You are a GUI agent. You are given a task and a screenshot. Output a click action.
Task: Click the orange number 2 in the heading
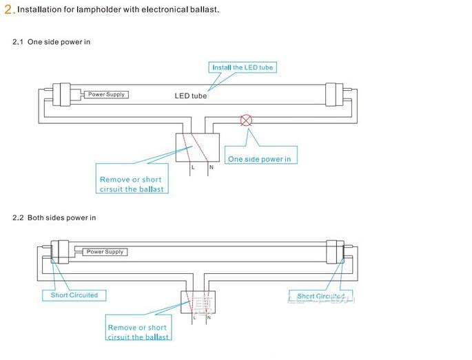[8, 10]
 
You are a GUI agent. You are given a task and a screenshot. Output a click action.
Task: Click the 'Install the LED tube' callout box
[243, 67]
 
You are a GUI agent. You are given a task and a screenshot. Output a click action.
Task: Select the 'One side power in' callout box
[259, 159]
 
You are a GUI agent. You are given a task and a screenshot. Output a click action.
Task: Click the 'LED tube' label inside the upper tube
[190, 96]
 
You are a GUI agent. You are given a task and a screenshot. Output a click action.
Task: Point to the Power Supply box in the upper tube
[107, 94]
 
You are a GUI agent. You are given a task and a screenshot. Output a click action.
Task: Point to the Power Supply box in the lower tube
[105, 252]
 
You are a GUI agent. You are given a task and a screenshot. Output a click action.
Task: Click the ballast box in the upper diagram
[198, 146]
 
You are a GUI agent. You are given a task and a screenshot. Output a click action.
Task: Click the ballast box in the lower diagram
[198, 302]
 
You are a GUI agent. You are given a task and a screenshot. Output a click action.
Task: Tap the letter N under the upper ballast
[211, 168]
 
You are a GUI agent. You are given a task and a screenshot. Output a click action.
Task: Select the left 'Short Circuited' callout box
[74, 295]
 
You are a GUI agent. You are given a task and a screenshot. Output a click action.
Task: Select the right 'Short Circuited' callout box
[320, 296]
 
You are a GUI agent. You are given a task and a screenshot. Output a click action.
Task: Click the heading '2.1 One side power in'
[52, 42]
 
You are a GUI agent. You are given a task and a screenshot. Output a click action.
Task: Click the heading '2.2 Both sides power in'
[54, 218]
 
